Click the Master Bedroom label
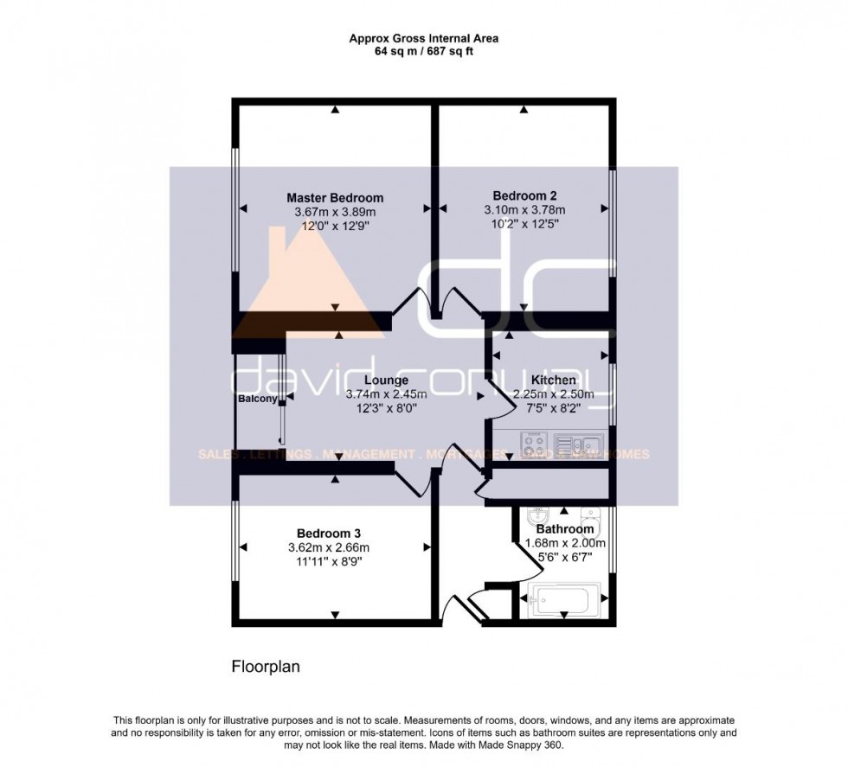pyautogui.click(x=335, y=198)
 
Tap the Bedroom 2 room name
pyautogui.click(x=524, y=195)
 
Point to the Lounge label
pyautogui.click(x=386, y=380)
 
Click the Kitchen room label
pyautogui.click(x=554, y=380)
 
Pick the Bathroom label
pyautogui.click(x=565, y=529)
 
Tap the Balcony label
pyautogui.click(x=258, y=399)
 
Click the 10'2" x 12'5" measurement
pyautogui.click(x=524, y=223)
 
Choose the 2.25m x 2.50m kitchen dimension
pyautogui.click(x=554, y=394)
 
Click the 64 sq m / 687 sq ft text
pyautogui.click(x=423, y=52)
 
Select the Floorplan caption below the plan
pyautogui.click(x=265, y=667)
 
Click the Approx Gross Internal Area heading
pyautogui.click(x=423, y=38)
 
